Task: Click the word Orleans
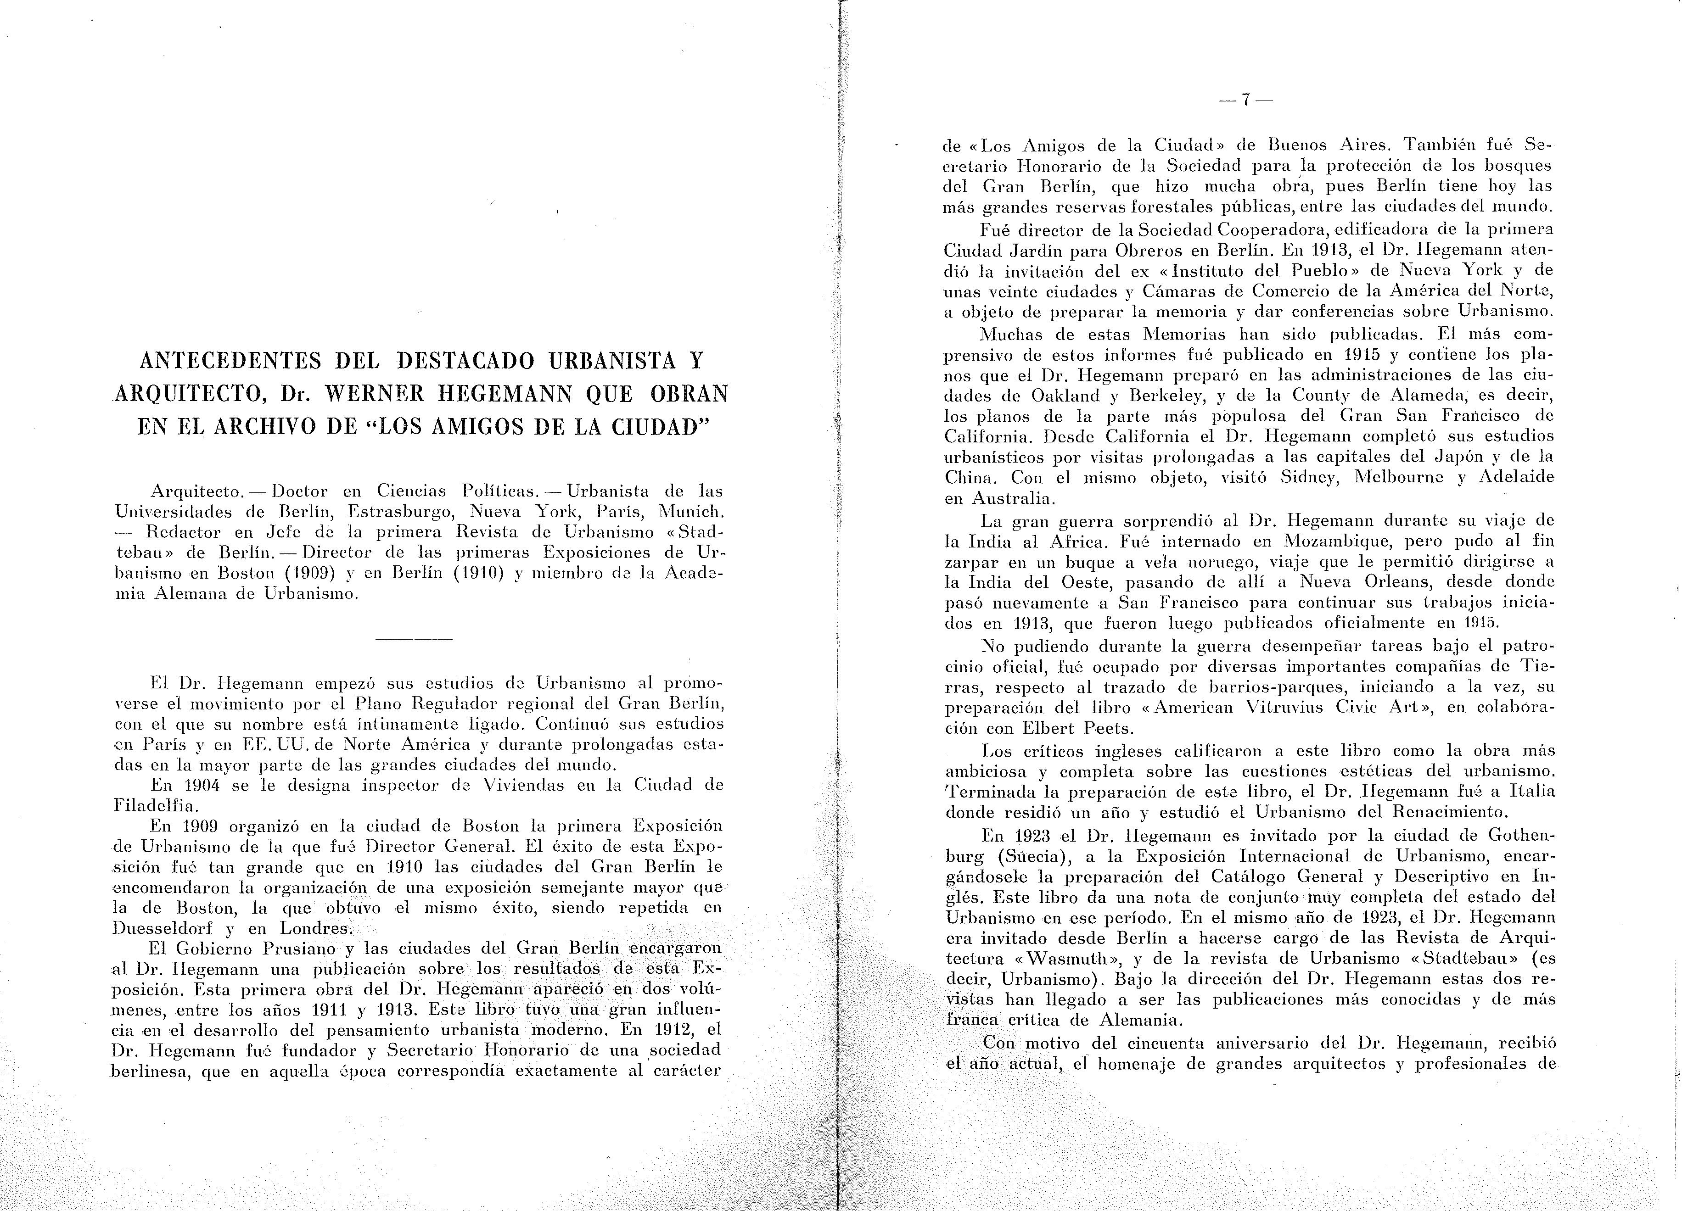(x=1340, y=581)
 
